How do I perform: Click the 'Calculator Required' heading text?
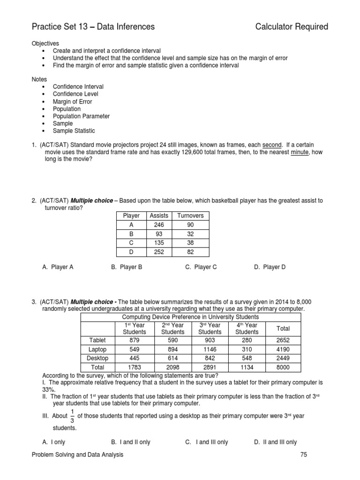tap(292, 27)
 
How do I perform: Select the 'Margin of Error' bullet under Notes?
tap(72, 101)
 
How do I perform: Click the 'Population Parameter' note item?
tap(81, 116)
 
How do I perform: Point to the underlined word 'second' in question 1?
tap(271, 145)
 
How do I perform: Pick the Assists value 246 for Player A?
tap(158, 225)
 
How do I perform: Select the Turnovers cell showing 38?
tap(190, 242)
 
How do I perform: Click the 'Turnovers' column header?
tap(190, 216)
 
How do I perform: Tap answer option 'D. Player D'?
tap(270, 267)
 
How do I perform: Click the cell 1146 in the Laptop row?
tap(210, 349)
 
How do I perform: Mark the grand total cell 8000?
tap(283, 367)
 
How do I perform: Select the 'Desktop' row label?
tap(97, 358)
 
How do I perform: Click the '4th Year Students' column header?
tap(247, 328)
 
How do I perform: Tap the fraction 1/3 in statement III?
tap(72, 416)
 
